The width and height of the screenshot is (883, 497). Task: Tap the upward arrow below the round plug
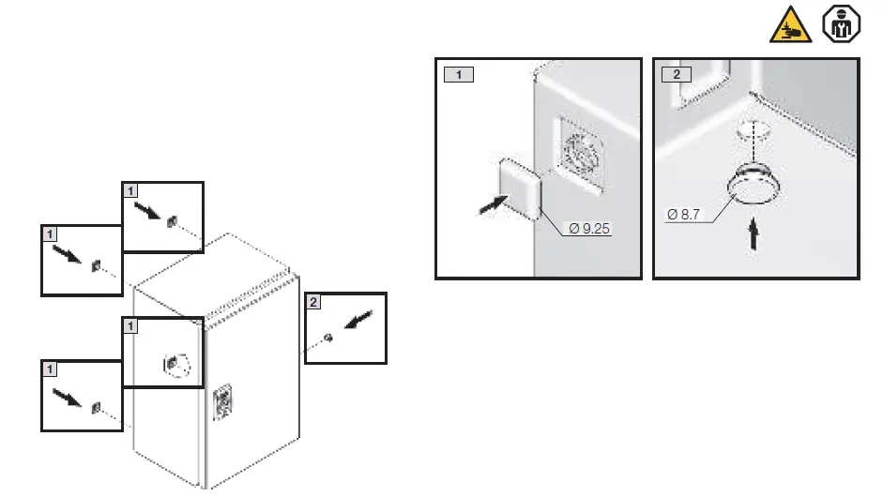tap(754, 234)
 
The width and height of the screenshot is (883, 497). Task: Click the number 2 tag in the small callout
tap(313, 302)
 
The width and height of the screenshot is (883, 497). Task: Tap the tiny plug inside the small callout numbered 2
tap(326, 338)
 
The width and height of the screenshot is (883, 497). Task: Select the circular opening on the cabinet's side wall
tap(175, 362)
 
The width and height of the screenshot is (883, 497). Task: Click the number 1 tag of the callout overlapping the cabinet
tap(131, 325)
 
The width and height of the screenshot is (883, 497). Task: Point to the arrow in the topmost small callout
tap(148, 208)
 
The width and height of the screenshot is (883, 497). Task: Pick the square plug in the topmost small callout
tap(172, 222)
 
